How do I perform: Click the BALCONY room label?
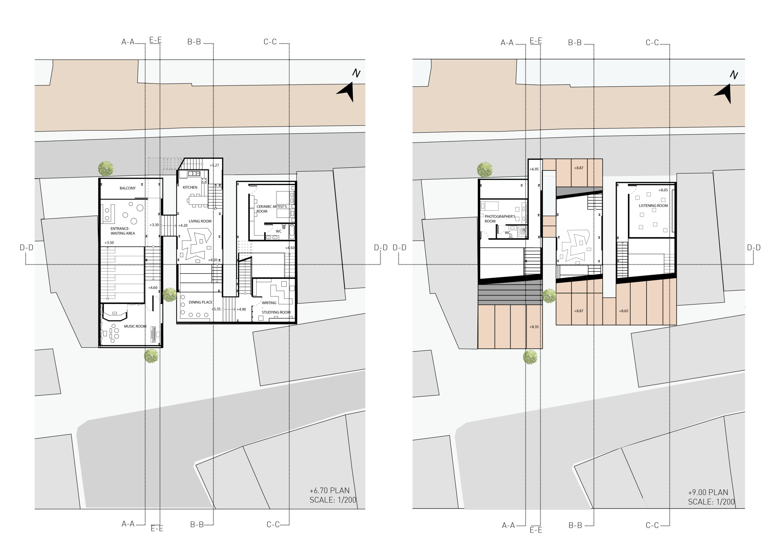coord(128,188)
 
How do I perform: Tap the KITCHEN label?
coord(190,187)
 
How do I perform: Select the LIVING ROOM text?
coord(200,221)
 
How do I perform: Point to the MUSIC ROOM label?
coord(135,326)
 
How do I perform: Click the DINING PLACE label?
coord(201,302)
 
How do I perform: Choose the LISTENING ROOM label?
coord(653,206)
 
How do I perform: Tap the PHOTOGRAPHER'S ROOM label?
coord(500,219)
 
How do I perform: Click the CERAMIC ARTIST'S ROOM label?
coord(272,209)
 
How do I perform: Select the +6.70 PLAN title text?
coord(329,490)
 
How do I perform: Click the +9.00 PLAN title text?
coord(708,492)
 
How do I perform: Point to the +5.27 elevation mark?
coord(214,165)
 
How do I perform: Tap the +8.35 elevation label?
coord(534,327)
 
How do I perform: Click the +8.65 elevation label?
coord(624,311)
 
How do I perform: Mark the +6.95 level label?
coord(534,169)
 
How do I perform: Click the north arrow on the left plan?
coord(346,91)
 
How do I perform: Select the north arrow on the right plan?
coord(724,94)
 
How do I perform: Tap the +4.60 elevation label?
coord(153,288)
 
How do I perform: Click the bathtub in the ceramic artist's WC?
coord(292,231)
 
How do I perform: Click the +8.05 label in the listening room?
coord(663,190)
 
